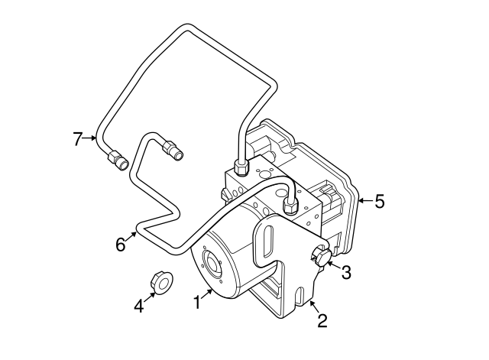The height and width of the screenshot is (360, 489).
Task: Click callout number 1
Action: (x=197, y=303)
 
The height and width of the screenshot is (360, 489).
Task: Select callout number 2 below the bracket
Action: (x=322, y=321)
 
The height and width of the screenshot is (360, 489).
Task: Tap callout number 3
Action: (x=345, y=271)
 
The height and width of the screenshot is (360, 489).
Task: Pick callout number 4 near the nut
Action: (x=138, y=306)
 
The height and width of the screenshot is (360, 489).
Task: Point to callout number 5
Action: (x=379, y=202)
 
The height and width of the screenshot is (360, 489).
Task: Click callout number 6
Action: (x=120, y=245)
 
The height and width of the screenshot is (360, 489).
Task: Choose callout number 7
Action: (x=77, y=139)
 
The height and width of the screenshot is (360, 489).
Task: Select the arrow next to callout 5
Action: (x=364, y=202)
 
